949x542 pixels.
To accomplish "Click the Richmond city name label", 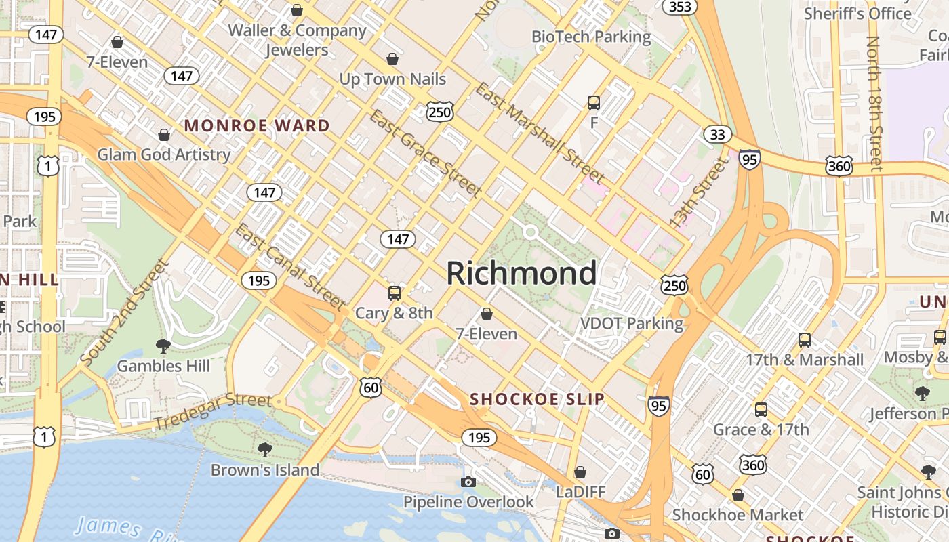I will tap(521, 273).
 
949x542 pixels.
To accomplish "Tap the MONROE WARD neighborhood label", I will tap(257, 125).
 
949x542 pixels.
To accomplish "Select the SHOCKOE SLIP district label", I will tap(537, 399).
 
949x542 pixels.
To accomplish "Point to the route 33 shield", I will tap(717, 134).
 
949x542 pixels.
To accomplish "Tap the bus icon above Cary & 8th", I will tap(394, 293).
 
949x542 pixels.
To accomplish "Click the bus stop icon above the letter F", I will tap(594, 103).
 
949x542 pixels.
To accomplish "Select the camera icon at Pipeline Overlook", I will tap(468, 482).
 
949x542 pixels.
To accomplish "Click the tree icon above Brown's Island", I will tap(264, 449).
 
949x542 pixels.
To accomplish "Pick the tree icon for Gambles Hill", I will tap(163, 346).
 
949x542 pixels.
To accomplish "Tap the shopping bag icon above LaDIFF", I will tap(580, 472).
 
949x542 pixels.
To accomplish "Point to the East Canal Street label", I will tap(290, 266).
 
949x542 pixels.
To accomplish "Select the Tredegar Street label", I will tap(212, 411).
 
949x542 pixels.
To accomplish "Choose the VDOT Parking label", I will tap(632, 323).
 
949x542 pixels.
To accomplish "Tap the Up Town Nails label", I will tap(392, 79).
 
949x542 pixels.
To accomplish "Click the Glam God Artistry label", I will tap(164, 154).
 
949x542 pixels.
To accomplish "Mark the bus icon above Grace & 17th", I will tap(761, 410).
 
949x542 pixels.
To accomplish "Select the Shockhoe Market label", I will tap(738, 516).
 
